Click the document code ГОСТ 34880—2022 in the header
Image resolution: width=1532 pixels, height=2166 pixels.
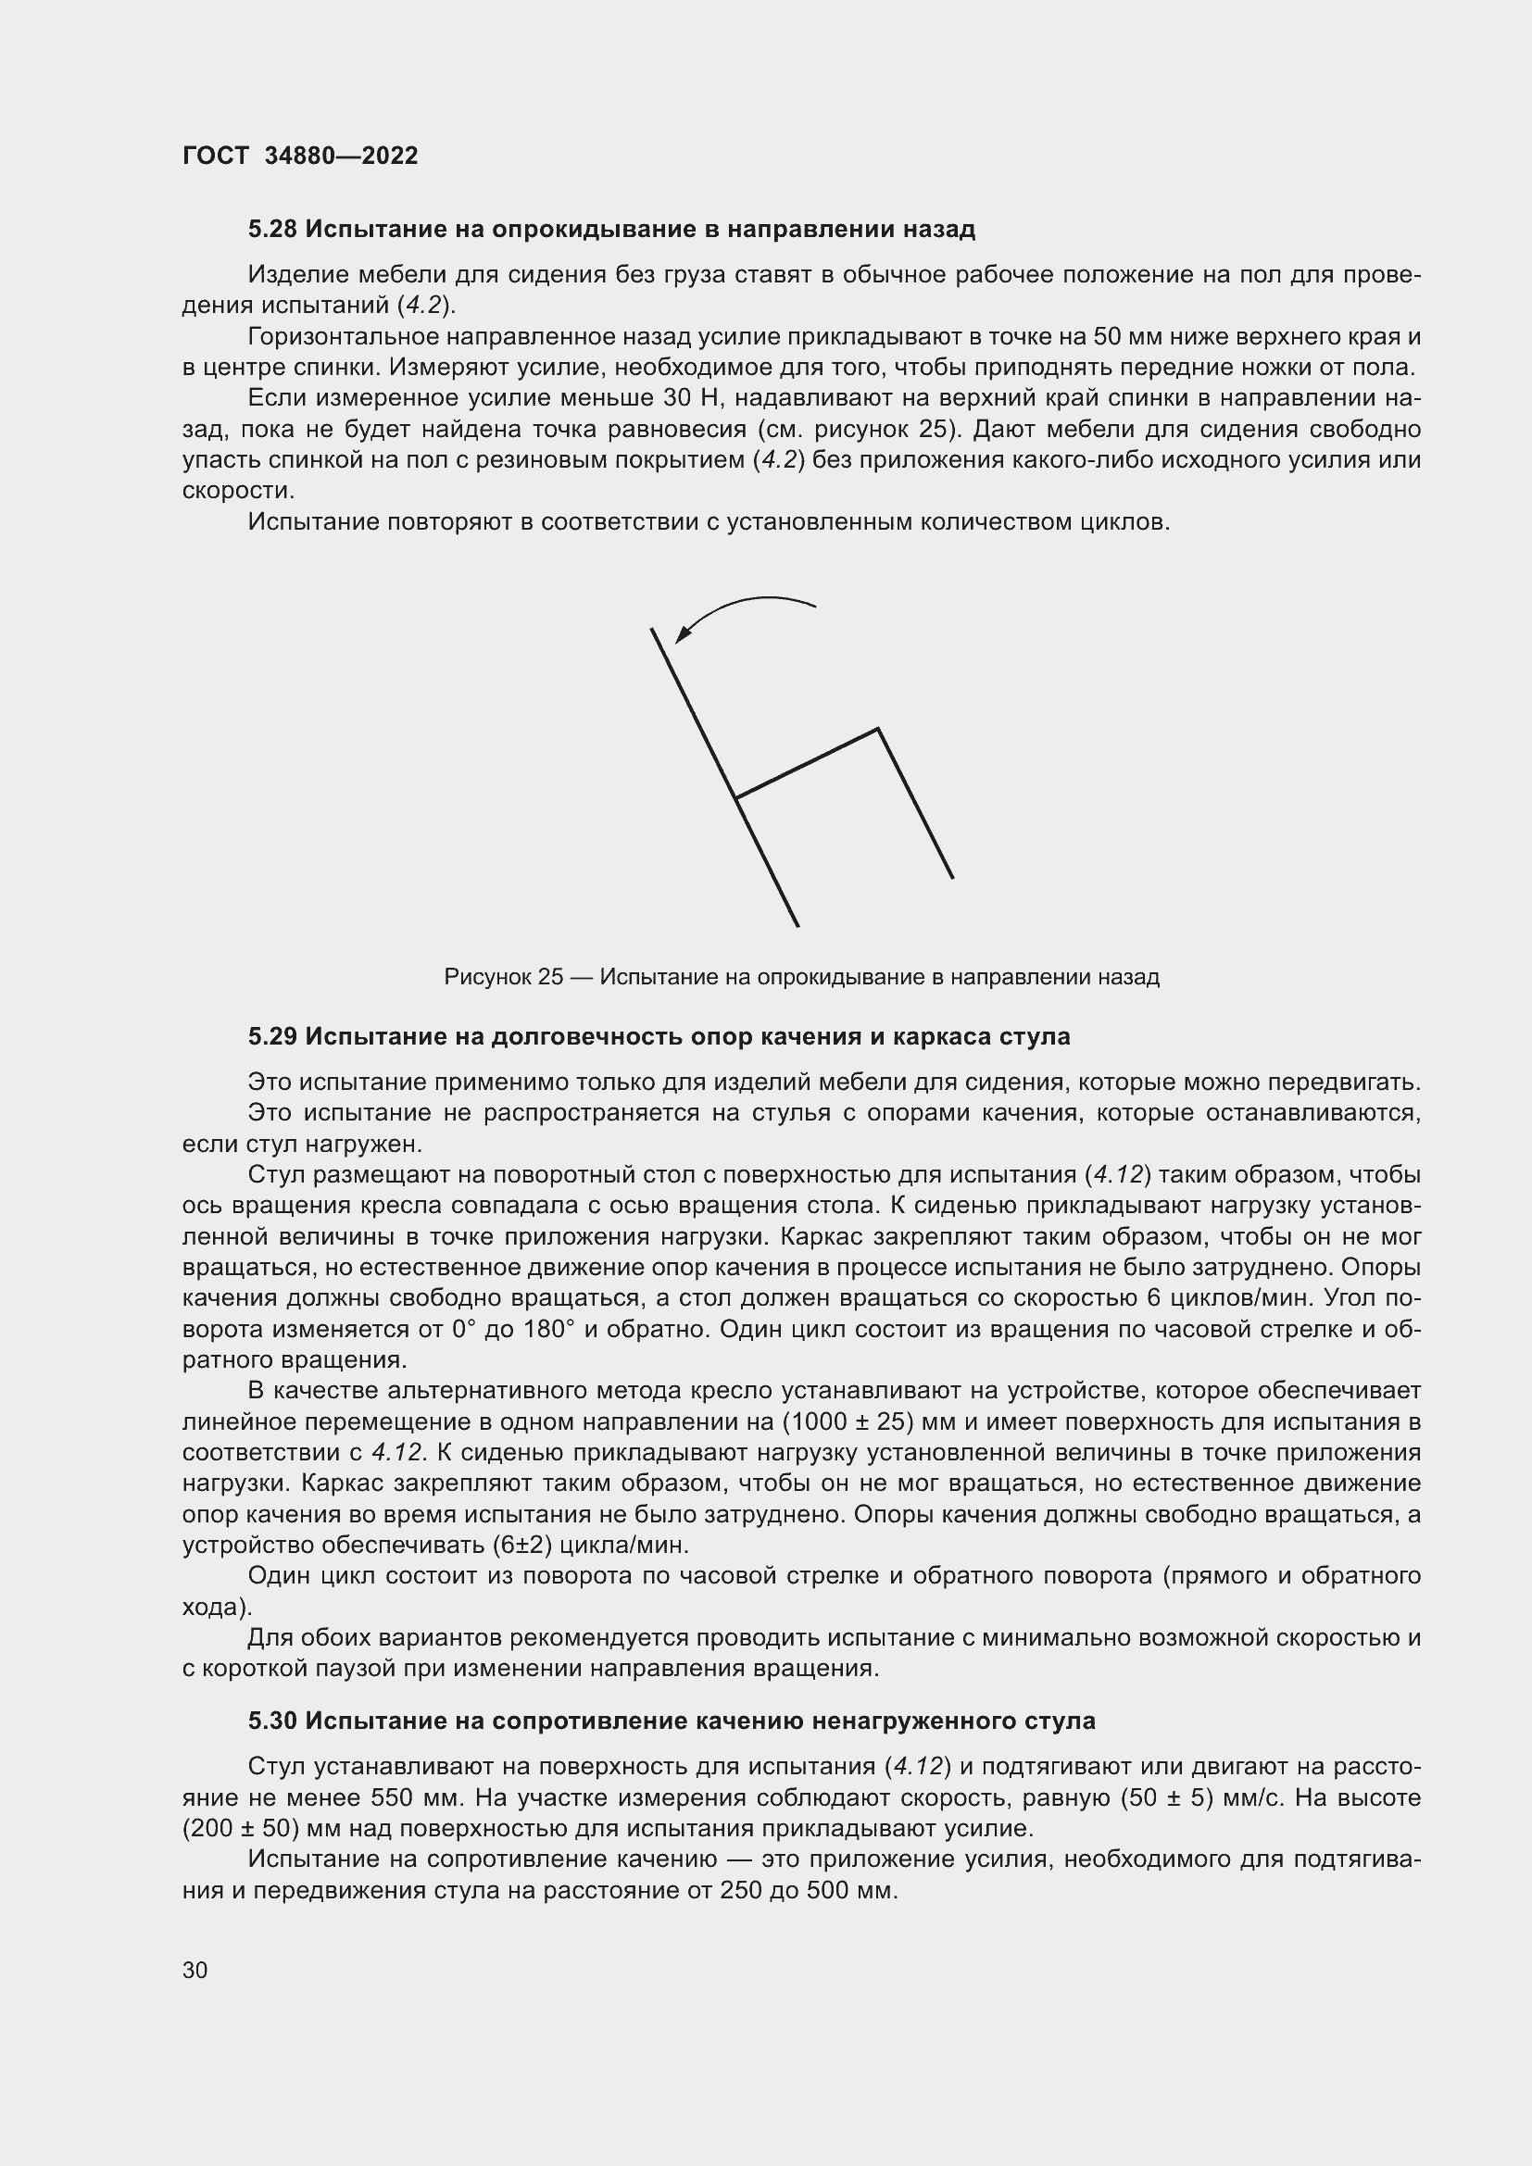coord(300,157)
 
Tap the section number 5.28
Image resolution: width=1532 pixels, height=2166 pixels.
coord(272,230)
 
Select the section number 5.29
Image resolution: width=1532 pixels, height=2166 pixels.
coord(272,1037)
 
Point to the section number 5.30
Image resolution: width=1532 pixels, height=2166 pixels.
coord(272,1721)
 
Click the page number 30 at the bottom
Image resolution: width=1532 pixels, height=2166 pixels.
coord(195,1970)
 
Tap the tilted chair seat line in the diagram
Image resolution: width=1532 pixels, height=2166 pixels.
coord(808,763)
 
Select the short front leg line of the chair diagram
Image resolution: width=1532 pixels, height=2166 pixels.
coord(915,803)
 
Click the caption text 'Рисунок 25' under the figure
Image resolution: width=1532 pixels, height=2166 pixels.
coord(503,977)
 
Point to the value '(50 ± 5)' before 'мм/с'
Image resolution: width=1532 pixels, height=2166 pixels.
coord(1166,1798)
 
